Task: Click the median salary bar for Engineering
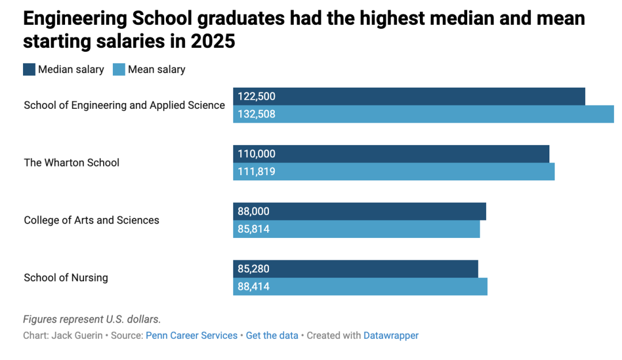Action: [x=409, y=96]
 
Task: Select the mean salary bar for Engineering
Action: [x=423, y=114]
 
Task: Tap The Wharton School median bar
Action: [x=391, y=154]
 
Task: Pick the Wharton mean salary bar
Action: [x=394, y=172]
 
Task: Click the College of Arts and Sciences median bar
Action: [x=359, y=211]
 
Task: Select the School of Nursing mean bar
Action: [x=360, y=287]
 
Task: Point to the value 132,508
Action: [x=256, y=114]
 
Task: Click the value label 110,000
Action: [x=256, y=154]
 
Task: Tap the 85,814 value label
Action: [x=253, y=229]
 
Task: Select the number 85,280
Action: [x=253, y=269]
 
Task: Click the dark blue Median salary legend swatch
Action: [x=29, y=70]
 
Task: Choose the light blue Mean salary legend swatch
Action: [x=119, y=70]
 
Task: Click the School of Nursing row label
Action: [x=66, y=278]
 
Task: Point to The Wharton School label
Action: [x=71, y=163]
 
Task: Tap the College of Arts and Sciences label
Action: [x=92, y=220]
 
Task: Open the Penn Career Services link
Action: [x=192, y=335]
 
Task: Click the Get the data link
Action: [x=272, y=335]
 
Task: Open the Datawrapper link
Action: [x=390, y=335]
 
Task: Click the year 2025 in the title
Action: [x=213, y=41]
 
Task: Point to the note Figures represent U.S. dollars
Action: [x=92, y=319]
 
